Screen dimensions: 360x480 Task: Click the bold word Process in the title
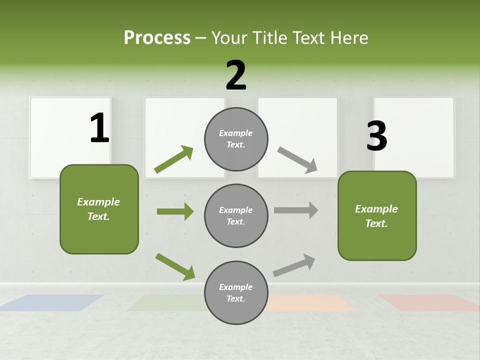[x=157, y=38]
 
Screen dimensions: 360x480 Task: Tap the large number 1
[x=99, y=128]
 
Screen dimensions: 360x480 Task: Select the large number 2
[x=236, y=75]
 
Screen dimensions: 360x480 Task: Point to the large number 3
[x=376, y=136]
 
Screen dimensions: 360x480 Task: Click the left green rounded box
[x=99, y=209]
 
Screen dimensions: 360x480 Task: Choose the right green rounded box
[x=377, y=215]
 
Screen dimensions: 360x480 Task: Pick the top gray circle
[x=236, y=139]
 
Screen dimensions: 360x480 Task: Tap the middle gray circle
[x=236, y=215]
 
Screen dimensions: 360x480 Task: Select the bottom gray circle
[x=236, y=292]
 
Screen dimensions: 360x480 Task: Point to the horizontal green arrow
[x=175, y=211]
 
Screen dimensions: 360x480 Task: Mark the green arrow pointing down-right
[x=175, y=266]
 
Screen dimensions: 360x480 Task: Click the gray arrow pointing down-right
[x=297, y=160]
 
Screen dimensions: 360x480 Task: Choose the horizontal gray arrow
[x=296, y=210]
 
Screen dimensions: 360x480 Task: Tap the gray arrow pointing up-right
[x=294, y=265]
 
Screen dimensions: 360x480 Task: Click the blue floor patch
[x=52, y=302]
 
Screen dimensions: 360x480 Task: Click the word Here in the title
[x=349, y=38]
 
